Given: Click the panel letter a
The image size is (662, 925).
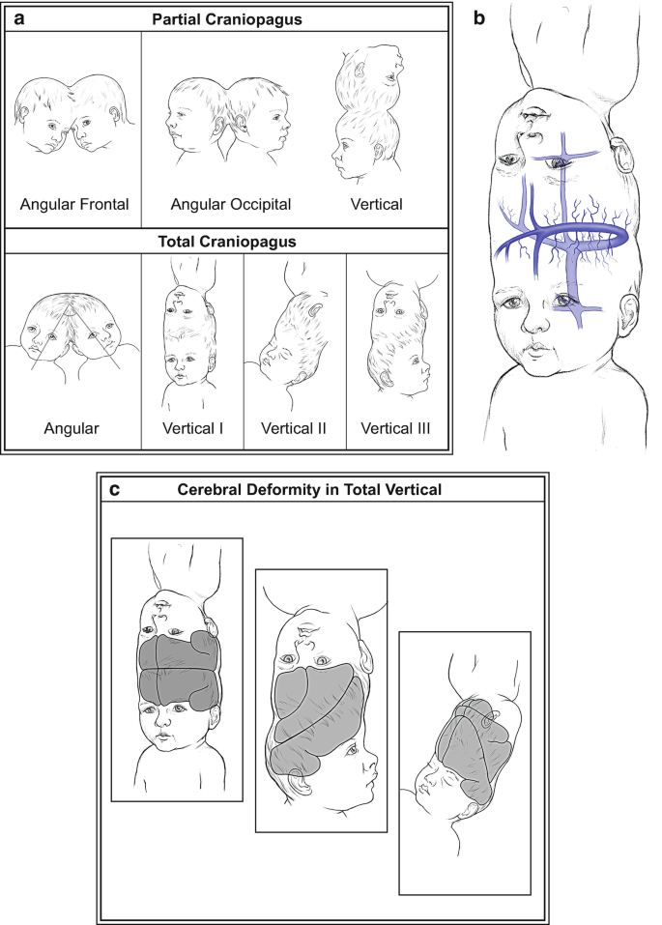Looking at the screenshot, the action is click(x=19, y=19).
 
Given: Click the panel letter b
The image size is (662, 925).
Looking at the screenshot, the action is click(x=479, y=18).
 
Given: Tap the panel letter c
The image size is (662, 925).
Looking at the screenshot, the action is click(x=115, y=490).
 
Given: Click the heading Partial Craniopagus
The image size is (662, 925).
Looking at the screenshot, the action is click(x=227, y=19).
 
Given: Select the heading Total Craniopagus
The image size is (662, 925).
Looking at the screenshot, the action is click(x=227, y=242).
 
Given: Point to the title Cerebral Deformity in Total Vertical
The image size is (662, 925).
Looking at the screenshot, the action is click(x=310, y=490).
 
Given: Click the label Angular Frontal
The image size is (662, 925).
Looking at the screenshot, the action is click(x=74, y=205).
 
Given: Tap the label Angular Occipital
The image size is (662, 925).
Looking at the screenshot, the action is click(x=231, y=205).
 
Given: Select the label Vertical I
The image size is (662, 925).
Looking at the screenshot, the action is click(x=193, y=428).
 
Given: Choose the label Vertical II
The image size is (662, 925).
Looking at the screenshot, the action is click(x=294, y=428).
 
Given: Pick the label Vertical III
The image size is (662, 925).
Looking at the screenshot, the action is click(x=395, y=428).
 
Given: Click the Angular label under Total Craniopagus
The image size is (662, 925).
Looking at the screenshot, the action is click(x=72, y=429).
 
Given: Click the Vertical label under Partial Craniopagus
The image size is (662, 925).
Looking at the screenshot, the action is click(x=377, y=205).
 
